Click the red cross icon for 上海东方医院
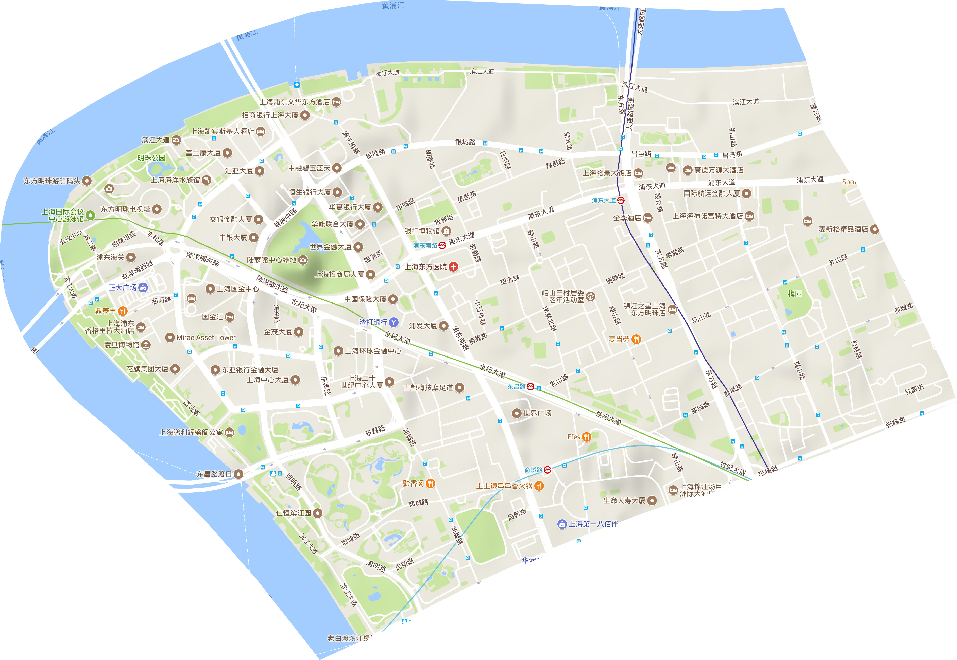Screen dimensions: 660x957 pos(453,267)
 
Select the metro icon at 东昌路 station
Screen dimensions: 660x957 pos(531,387)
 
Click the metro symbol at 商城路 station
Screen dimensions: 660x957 pos(548,470)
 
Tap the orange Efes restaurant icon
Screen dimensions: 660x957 pos(586,437)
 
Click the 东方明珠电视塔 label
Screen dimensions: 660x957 pos(126,209)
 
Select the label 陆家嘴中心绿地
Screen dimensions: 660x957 pos(271,260)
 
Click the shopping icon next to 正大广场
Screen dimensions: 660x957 pos(143,288)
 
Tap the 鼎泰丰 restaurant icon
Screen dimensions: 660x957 pos(123,311)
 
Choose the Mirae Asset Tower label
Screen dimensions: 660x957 pos(206,337)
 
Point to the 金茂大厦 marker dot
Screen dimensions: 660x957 pos(299,332)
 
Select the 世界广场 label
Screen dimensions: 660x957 pos(537,413)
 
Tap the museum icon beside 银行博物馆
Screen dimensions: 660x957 pos(446,231)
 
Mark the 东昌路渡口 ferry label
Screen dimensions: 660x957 pos(214,474)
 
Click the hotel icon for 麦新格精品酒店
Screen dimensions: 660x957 pos(874,229)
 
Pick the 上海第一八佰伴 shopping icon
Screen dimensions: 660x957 pos(562,524)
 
